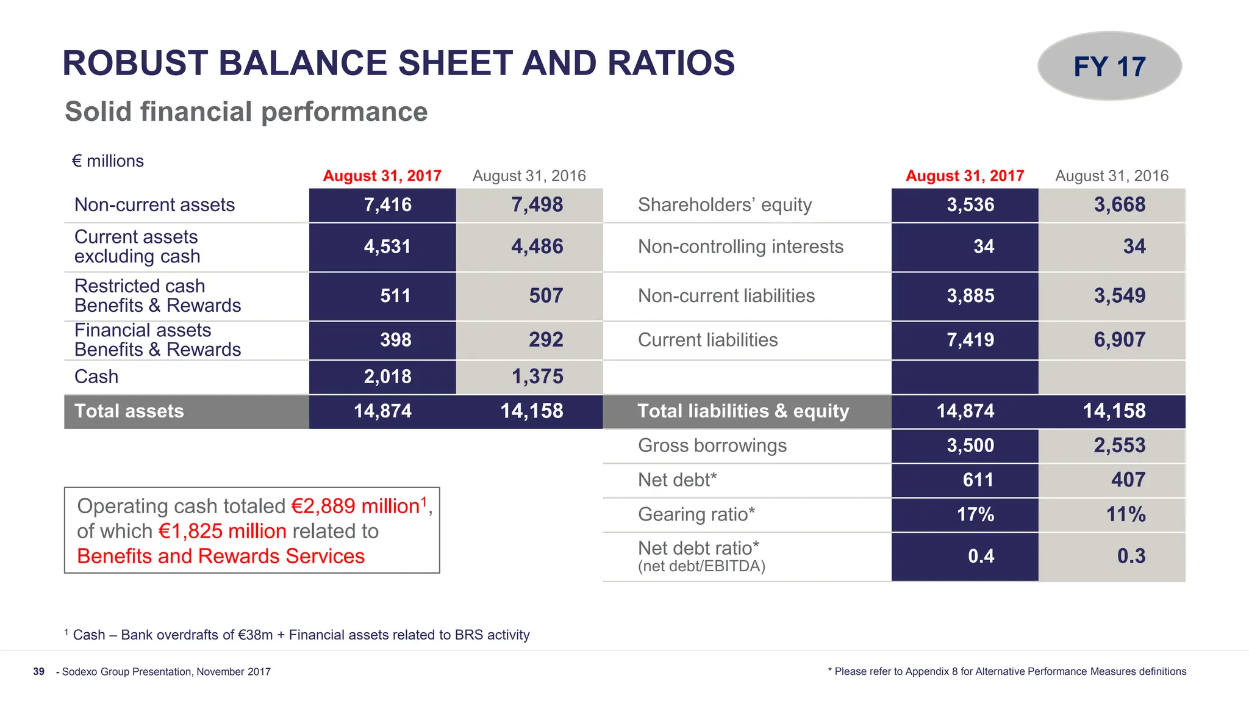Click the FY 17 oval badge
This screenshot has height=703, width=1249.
pos(1109,66)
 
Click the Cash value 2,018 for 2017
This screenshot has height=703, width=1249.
pos(387,377)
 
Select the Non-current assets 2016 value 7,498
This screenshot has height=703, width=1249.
pos(537,204)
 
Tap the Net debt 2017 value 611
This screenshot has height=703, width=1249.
pos(978,480)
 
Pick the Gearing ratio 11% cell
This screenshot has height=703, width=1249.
pos(1125,514)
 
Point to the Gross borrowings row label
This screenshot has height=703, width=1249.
pos(712,445)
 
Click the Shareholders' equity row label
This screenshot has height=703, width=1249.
pos(725,204)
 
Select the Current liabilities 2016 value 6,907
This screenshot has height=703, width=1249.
pos(1119,340)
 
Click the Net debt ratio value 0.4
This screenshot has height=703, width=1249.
pos(981,556)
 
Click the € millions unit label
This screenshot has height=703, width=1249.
pos(108,161)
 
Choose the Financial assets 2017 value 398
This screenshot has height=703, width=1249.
pos(395,340)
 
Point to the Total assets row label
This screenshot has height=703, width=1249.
pos(129,411)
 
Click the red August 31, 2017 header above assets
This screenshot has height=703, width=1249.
pos(382,176)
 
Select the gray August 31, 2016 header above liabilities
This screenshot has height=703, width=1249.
pos(1111,176)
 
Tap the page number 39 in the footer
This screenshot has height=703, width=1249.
pos(38,671)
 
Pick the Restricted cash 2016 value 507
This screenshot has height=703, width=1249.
pos(545,296)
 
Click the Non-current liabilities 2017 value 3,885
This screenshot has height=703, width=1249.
pos(970,296)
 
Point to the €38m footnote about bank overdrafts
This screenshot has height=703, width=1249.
pos(256,635)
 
